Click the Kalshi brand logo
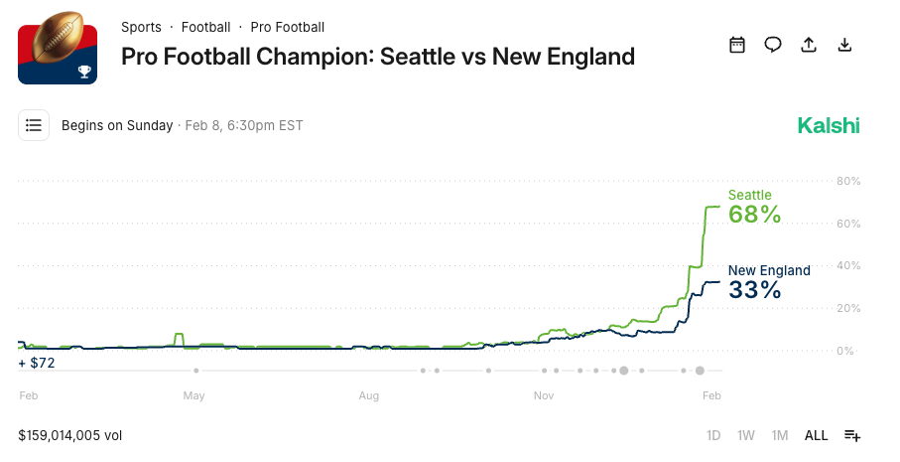point(829,125)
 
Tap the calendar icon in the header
point(736,45)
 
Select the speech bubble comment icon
point(772,45)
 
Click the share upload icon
point(809,45)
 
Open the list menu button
point(34,125)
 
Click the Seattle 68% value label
point(755,214)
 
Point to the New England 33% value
point(755,290)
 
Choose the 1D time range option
point(713,435)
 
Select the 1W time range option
point(746,435)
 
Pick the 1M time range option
point(780,435)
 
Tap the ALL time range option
point(816,435)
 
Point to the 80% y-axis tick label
point(848,181)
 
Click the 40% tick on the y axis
point(848,266)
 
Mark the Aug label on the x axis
point(369,395)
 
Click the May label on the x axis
point(193,395)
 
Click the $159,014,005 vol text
point(69,435)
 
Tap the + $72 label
point(37,363)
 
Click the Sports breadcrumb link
point(141,27)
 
